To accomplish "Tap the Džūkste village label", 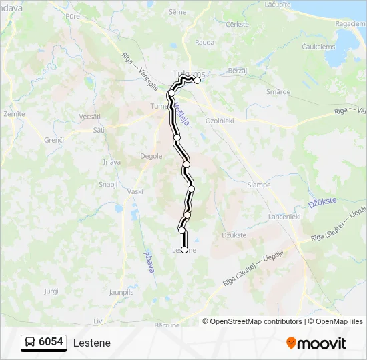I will [234, 235].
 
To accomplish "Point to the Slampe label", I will [258, 185].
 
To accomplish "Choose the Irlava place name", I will [112, 161].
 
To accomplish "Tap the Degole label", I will [151, 156].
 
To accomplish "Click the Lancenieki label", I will [285, 217].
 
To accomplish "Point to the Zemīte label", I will [14, 114].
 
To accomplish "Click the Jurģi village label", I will [51, 291].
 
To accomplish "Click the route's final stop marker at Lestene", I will [184, 249].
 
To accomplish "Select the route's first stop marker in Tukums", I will [197, 80].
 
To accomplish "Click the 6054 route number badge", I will [43, 342].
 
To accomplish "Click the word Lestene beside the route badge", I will [92, 343].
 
